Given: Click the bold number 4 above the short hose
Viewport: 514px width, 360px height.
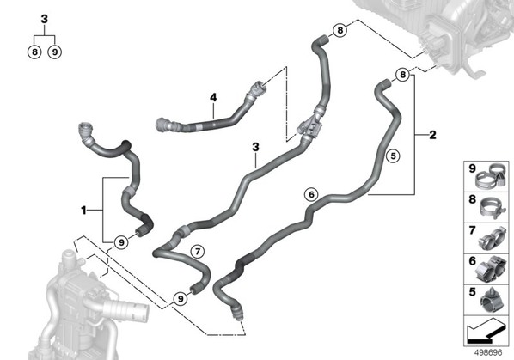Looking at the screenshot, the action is (x=213, y=97).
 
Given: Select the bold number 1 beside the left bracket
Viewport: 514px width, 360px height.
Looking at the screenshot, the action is (x=84, y=210).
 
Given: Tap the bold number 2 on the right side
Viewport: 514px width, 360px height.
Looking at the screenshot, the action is (x=432, y=135).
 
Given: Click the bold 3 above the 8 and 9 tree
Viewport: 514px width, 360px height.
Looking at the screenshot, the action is (x=44, y=19).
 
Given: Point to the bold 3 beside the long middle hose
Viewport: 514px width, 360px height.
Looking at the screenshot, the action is (x=255, y=147).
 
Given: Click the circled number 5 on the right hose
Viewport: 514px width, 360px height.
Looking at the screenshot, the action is (x=394, y=156).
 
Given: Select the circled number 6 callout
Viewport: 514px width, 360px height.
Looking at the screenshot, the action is (x=311, y=194).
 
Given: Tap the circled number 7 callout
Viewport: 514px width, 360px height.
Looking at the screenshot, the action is (x=198, y=252).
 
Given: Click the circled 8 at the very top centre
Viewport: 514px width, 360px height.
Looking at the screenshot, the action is (x=340, y=30).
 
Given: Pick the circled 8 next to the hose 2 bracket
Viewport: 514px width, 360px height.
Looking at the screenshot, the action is (x=403, y=75).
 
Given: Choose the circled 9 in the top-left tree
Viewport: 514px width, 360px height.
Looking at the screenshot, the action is (x=55, y=52).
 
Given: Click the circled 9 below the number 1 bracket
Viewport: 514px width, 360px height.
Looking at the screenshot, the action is (x=121, y=243).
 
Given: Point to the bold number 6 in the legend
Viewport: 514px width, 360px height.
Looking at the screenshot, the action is (x=472, y=260).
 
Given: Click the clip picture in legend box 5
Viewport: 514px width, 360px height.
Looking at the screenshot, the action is (x=492, y=302).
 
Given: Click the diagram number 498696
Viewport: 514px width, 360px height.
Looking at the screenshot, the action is (x=488, y=352).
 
